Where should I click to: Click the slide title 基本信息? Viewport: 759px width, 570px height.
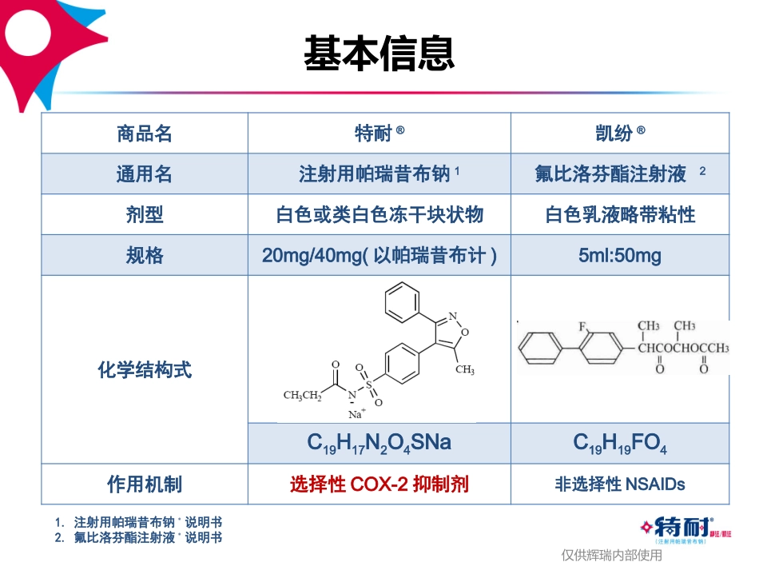pos(379,54)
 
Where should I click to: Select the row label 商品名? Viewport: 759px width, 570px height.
pos(145,134)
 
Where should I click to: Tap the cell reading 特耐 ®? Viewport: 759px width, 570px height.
pos(379,134)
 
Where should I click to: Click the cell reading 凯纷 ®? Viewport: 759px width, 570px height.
pos(620,134)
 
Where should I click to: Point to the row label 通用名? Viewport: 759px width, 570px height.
pos(145,174)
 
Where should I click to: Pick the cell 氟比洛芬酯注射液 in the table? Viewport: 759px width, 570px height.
pos(611,174)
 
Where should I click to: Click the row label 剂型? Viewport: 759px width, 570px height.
pos(145,215)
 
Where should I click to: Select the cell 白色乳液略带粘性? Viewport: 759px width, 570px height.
pos(620,215)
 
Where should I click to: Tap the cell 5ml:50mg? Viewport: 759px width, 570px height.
pos(620,256)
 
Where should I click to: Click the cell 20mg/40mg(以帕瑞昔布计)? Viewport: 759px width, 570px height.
pos(379,256)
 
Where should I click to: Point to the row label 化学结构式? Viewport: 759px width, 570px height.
pos(145,370)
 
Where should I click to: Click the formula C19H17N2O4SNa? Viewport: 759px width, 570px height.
pos(379,443)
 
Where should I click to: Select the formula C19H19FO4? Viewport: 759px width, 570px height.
pos(620,443)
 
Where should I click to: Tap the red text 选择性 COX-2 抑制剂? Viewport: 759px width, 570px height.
pos(379,484)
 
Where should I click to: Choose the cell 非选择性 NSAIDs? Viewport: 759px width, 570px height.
pos(620,484)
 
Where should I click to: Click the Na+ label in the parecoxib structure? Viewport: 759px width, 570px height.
pos(356,413)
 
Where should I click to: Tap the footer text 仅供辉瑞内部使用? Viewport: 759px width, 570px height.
pos(611,555)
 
